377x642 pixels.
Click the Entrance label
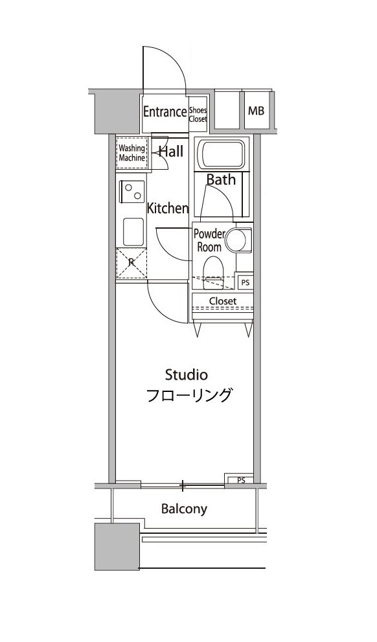[x=165, y=111]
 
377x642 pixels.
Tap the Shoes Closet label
[x=198, y=115]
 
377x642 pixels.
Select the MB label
[x=256, y=111]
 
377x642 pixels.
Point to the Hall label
[x=172, y=152]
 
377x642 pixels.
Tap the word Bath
[x=221, y=180]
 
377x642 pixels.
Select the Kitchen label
[x=167, y=209]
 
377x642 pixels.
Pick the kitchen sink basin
[x=133, y=229]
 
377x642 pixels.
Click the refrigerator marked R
[x=131, y=263]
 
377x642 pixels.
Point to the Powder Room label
[x=209, y=240]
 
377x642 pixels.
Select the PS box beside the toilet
[x=244, y=282]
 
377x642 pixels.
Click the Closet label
[x=222, y=301]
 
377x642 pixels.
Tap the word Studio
[x=186, y=374]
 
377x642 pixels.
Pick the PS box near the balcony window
[x=240, y=480]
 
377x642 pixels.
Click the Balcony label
[x=184, y=509]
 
